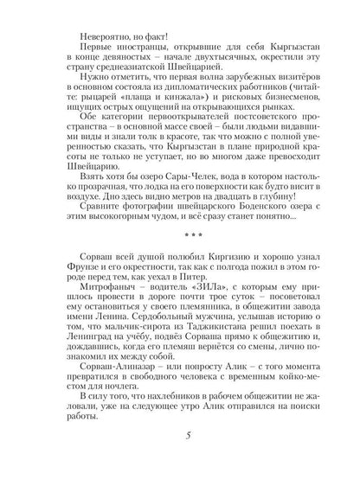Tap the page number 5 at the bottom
pos(179,458)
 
